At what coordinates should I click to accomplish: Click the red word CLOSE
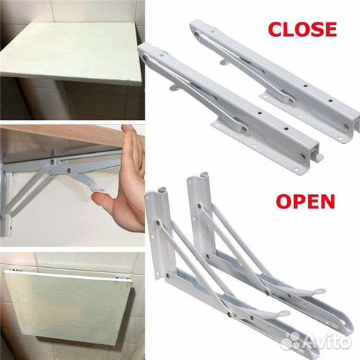[302, 29]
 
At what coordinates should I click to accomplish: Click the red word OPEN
[305, 202]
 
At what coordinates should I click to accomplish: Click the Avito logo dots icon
[292, 341]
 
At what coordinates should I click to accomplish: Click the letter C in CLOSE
[275, 29]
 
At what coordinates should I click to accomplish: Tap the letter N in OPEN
[327, 202]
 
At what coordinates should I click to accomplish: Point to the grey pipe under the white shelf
[37, 100]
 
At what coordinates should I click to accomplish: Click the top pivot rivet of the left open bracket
[158, 221]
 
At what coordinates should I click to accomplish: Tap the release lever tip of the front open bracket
[283, 312]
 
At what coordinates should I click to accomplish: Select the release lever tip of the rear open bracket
[319, 291]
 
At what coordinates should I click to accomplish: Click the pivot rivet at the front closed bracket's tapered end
[145, 58]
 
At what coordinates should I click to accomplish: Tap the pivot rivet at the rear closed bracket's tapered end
[197, 34]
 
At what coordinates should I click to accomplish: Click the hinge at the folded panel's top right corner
[123, 277]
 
